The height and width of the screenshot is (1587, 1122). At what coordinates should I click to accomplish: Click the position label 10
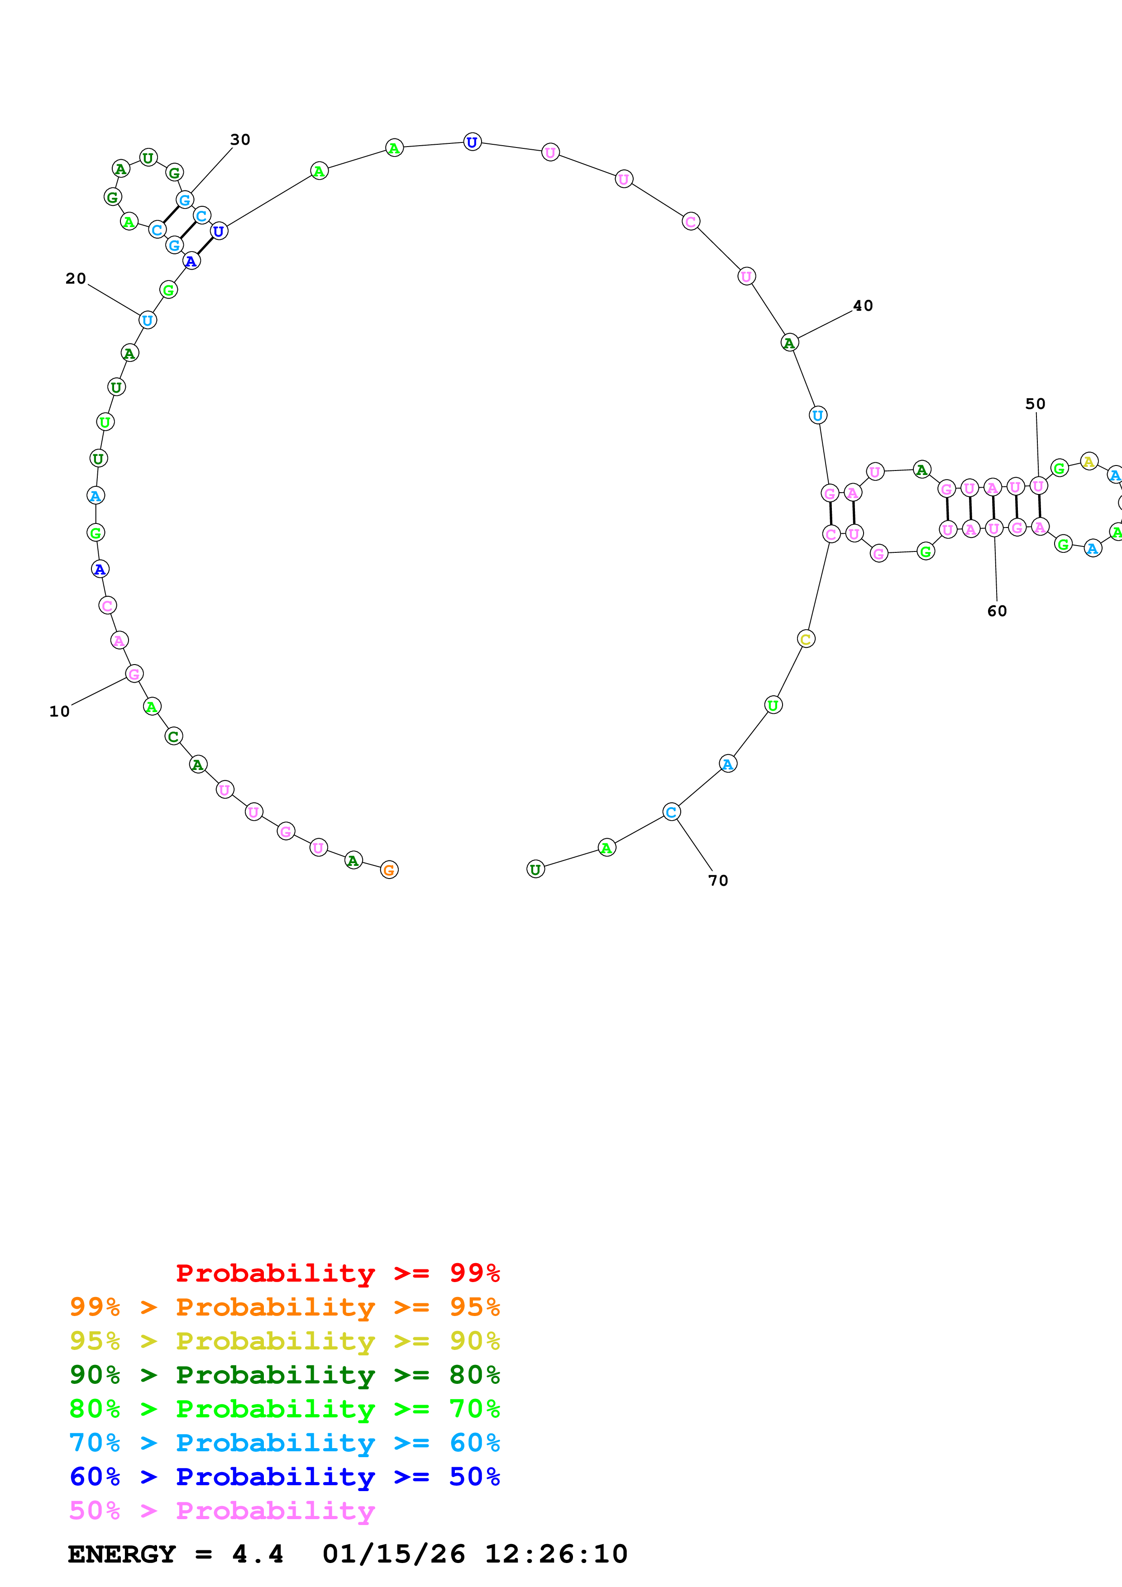point(59,711)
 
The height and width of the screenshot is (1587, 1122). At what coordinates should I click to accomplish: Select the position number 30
point(240,140)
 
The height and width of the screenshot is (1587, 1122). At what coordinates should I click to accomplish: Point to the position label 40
point(863,305)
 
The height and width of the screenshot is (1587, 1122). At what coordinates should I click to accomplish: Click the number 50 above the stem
point(1035,404)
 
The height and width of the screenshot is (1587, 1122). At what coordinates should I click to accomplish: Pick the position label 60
point(997,611)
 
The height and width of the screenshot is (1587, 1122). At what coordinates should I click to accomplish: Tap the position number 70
point(718,881)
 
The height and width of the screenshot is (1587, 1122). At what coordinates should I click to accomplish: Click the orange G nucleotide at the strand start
point(389,870)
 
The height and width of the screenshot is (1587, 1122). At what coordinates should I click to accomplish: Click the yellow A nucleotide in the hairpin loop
point(1089,461)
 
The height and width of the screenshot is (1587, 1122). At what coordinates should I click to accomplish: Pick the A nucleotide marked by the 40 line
point(789,343)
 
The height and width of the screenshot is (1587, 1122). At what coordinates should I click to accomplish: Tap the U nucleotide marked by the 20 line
point(147,320)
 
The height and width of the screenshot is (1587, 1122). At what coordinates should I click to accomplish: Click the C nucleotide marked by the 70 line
point(671,812)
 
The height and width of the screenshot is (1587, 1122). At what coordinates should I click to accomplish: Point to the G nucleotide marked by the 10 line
point(134,674)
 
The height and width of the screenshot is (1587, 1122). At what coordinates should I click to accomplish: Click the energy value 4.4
point(257,1554)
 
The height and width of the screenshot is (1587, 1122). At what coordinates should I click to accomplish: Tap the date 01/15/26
point(393,1554)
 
